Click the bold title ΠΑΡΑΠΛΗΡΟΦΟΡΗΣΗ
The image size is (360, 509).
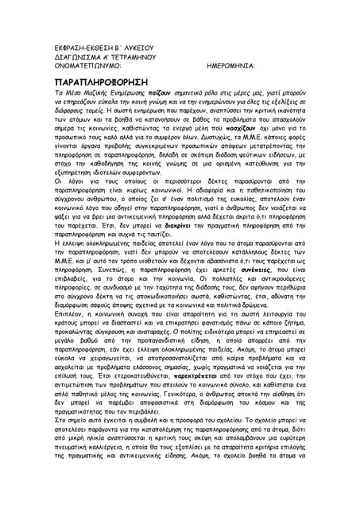click(102, 82)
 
